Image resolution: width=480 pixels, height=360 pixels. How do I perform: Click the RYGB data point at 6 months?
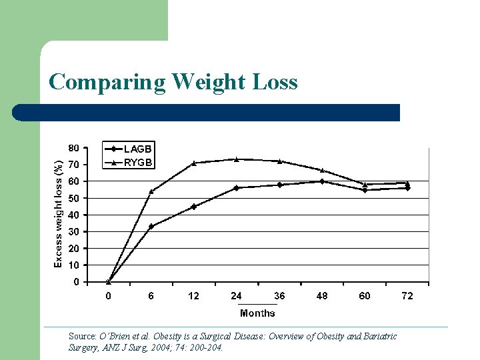(x=151, y=191)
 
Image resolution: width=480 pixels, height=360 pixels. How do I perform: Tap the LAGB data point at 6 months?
(x=151, y=227)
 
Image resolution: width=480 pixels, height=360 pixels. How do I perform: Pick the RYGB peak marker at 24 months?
(x=236, y=159)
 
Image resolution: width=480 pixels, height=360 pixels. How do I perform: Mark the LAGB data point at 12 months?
(x=193, y=207)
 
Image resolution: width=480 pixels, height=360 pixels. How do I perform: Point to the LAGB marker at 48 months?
(x=322, y=181)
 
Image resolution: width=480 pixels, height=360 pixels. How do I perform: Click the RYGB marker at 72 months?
(x=407, y=183)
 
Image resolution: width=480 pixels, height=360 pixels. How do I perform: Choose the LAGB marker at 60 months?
(x=365, y=190)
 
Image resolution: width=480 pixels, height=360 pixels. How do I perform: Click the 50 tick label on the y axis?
(x=73, y=198)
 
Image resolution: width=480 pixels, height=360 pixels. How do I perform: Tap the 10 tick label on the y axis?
(x=73, y=265)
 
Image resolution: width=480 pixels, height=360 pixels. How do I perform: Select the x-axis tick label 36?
(x=279, y=296)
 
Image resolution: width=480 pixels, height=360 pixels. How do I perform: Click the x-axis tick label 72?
(x=407, y=296)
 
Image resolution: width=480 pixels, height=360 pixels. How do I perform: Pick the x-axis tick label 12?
(x=193, y=296)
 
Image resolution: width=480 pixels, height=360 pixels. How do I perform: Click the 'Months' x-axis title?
(x=257, y=313)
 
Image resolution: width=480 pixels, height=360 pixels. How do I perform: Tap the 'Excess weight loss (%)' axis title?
(x=58, y=214)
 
